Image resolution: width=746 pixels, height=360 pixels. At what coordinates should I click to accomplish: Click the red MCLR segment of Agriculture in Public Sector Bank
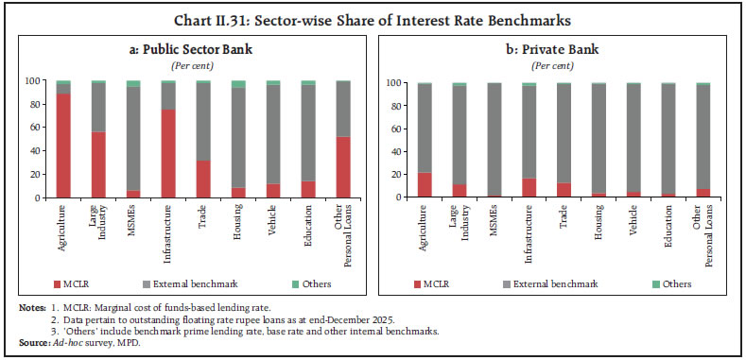[63, 146]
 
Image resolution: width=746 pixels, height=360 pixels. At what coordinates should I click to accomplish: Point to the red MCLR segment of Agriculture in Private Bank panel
[424, 185]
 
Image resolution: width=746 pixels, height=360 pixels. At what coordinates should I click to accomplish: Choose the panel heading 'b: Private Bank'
[560, 48]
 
